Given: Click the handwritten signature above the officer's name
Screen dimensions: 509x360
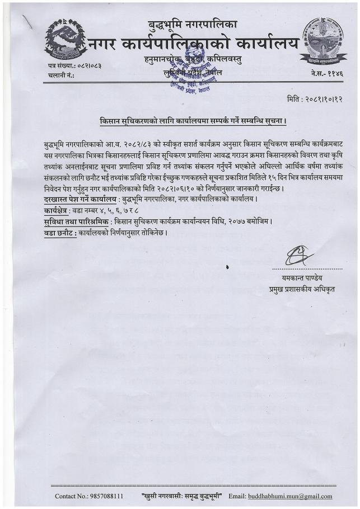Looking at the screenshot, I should (x=300, y=256).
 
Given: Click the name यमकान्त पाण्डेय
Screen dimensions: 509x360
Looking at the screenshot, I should (x=302, y=277).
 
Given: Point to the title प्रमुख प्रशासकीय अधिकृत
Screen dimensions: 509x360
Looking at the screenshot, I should (x=302, y=289).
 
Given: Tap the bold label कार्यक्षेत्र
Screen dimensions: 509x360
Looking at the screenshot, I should (x=56, y=211).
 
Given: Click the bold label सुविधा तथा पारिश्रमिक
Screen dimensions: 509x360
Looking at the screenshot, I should (x=76, y=221).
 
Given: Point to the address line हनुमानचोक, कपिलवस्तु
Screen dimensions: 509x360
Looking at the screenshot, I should (x=194, y=60).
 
